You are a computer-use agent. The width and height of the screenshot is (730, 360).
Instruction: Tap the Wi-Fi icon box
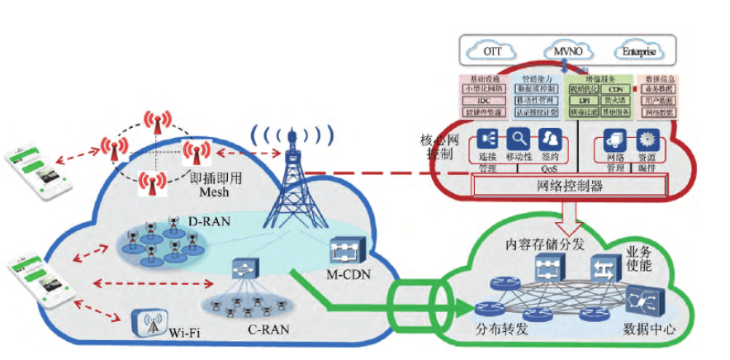click(x=150, y=325)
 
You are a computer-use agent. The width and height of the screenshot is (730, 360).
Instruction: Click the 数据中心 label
click(x=649, y=332)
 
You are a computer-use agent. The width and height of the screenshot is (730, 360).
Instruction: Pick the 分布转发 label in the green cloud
click(x=501, y=332)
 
